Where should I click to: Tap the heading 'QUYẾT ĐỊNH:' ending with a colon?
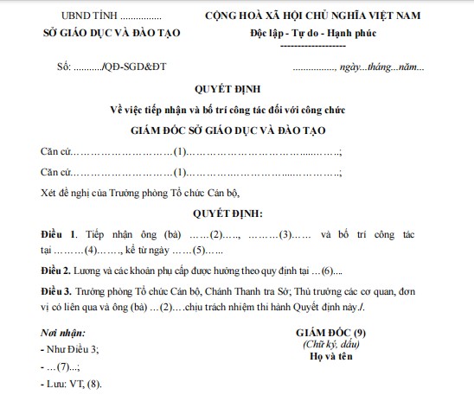(235, 213)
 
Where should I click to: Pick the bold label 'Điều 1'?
(59, 234)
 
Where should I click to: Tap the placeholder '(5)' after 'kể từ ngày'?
(198, 252)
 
